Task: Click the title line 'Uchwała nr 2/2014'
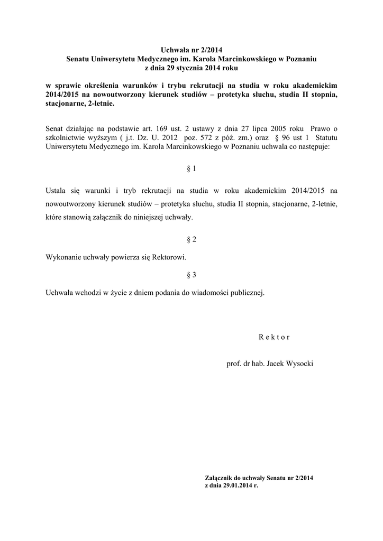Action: pyautogui.click(x=191, y=50)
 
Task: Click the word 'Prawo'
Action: pyautogui.click(x=322, y=128)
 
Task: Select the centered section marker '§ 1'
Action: pyautogui.click(x=191, y=169)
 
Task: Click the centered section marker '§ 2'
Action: pyautogui.click(x=191, y=239)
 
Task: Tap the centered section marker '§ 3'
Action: pyautogui.click(x=191, y=274)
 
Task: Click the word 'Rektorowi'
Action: pyautogui.click(x=169, y=257)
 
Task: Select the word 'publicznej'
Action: pyautogui.click(x=246, y=292)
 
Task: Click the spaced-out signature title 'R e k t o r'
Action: pyautogui.click(x=274, y=337)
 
